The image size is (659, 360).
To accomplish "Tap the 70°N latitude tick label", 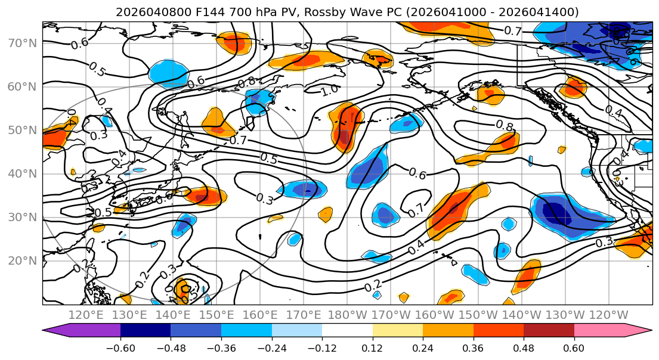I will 21,43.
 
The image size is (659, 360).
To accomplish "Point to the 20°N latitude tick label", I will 21,260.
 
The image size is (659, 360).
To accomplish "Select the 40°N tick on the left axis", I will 21,173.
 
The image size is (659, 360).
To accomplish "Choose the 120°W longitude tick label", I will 609,315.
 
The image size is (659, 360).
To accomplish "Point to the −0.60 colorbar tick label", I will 120,346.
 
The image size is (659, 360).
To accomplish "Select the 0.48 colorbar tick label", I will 524,346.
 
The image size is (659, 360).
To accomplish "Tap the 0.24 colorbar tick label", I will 423,346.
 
